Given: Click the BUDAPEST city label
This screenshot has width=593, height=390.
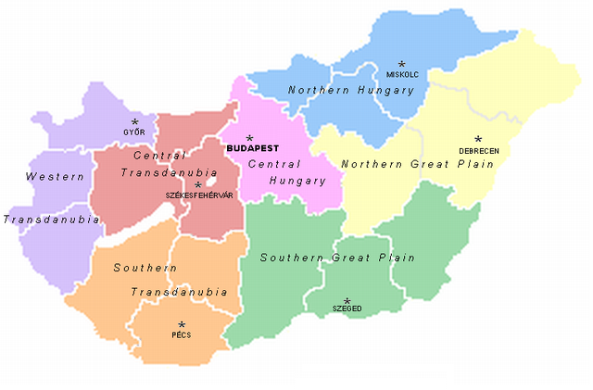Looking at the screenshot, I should [x=252, y=148].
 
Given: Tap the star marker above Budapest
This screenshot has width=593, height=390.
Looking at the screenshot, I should [x=248, y=137].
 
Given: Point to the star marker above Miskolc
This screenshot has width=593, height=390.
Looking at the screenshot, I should [x=401, y=64].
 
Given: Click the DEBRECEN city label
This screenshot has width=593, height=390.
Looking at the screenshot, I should [x=478, y=150].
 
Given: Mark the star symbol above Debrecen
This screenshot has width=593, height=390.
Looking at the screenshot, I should [x=478, y=140].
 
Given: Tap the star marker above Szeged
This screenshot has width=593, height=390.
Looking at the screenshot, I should [x=347, y=301].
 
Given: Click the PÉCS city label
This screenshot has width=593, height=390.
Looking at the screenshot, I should [x=182, y=335].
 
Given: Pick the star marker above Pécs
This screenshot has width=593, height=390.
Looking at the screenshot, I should [x=182, y=325].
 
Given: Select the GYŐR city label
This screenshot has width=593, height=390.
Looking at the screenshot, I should [x=134, y=132].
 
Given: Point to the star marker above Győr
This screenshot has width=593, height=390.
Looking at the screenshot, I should [x=134, y=122].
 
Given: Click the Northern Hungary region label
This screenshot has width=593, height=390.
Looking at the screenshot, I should [x=337, y=90].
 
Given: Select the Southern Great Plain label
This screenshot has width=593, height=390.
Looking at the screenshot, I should [x=337, y=258].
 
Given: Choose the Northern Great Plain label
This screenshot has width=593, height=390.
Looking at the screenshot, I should [x=414, y=164].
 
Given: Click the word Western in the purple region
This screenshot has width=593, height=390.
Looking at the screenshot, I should [x=49, y=176].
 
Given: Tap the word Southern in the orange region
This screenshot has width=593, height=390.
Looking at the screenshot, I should [x=145, y=268].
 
